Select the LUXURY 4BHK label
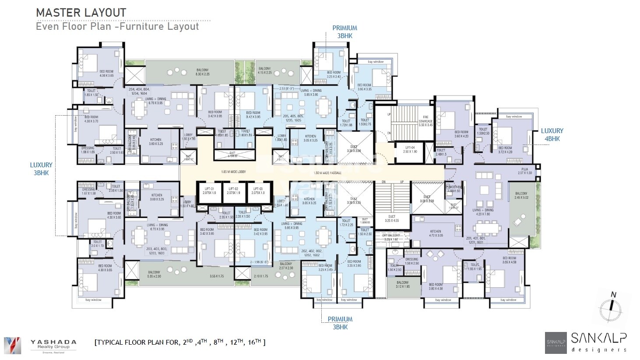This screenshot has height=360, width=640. (x=552, y=135)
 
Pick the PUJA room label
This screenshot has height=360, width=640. (x=524, y=171)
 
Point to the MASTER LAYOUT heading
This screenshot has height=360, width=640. (x=81, y=13)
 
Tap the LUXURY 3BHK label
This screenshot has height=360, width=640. (x=41, y=169)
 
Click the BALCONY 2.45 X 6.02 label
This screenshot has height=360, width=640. (x=521, y=196)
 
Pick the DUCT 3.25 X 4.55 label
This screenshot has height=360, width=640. (x=392, y=219)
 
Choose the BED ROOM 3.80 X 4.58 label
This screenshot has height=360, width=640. (x=435, y=286)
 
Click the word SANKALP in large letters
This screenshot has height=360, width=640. (x=600, y=338)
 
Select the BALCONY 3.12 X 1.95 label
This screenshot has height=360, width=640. (x=402, y=285)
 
